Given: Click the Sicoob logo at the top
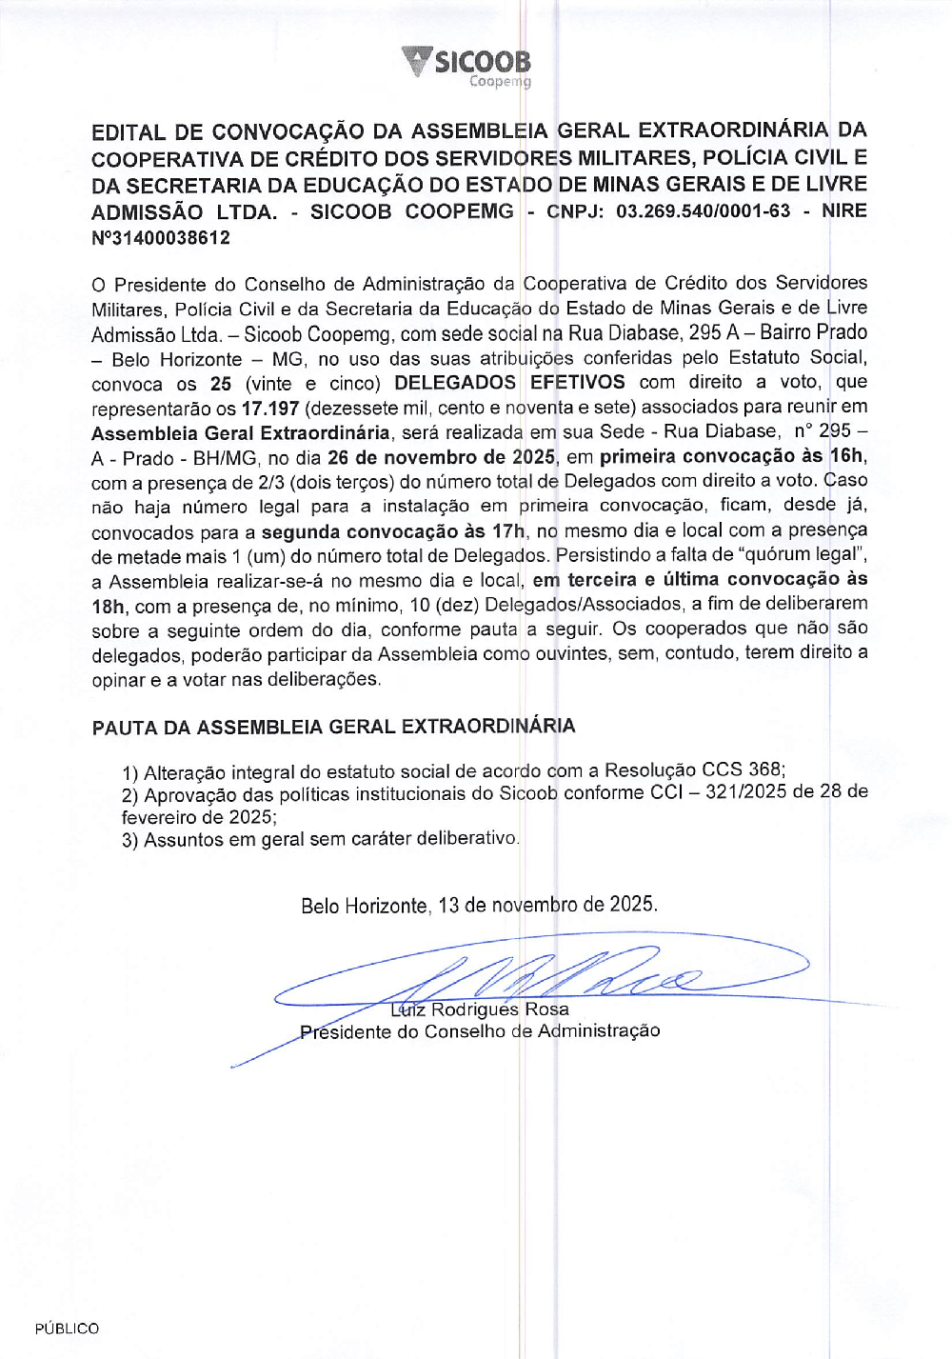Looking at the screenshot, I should click(x=466, y=67).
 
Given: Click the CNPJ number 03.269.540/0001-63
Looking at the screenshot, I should click(x=703, y=211).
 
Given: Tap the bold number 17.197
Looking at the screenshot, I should click(x=270, y=408).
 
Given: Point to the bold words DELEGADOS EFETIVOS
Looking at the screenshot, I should click(x=509, y=383).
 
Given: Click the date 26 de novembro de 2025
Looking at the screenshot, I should click(x=441, y=457).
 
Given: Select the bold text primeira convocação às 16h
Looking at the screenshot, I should click(x=731, y=457).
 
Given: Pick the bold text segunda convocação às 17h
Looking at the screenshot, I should click(x=393, y=531).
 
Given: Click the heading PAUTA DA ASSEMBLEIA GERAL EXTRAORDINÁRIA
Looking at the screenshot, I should click(x=333, y=728).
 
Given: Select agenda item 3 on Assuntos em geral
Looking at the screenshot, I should click(x=320, y=840).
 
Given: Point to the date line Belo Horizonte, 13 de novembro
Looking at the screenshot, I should click(x=479, y=905).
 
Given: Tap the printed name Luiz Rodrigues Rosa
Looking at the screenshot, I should click(x=480, y=1009).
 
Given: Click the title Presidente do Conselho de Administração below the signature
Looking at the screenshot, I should click(x=480, y=1031).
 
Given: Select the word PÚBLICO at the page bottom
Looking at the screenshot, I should click(x=67, y=1329).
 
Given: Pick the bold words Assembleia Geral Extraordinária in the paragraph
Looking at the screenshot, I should click(x=241, y=432).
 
